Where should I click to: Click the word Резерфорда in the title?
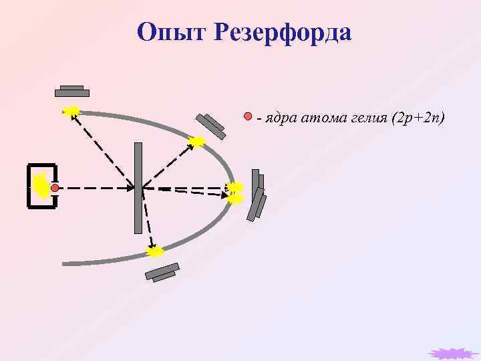click(x=283, y=31)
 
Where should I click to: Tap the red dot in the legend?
click(x=248, y=117)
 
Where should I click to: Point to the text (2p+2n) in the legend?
click(x=419, y=118)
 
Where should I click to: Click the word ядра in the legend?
click(x=279, y=118)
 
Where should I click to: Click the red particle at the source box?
click(x=55, y=189)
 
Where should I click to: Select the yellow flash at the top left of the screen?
click(x=71, y=110)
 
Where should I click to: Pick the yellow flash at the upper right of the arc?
click(x=197, y=141)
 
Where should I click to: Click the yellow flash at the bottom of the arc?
click(x=154, y=251)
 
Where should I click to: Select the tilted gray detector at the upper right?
click(x=210, y=126)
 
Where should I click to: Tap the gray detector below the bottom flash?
click(x=162, y=272)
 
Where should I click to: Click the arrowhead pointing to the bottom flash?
click(x=152, y=245)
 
